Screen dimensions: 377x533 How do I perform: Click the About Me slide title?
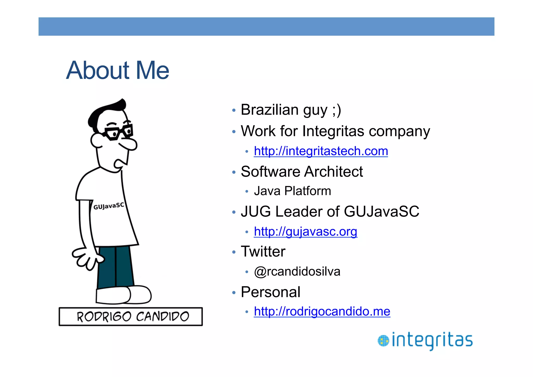(118, 70)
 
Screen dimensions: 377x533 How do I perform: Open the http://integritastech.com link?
(321, 151)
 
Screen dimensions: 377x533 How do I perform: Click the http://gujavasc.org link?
(305, 231)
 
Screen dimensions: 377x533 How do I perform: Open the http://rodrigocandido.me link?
(322, 311)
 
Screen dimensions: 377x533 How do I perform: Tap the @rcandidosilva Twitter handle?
(297, 271)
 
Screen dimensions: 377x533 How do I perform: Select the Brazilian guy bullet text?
(291, 110)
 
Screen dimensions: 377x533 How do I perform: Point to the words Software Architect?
(302, 172)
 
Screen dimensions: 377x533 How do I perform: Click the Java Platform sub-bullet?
(292, 191)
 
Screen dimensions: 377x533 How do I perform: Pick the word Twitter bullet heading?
(263, 251)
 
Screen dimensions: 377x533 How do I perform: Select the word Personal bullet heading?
(270, 292)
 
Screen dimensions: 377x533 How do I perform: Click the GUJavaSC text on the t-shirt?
(109, 206)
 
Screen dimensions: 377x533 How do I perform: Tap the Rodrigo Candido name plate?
(131, 317)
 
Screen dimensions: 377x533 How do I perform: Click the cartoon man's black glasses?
(118, 132)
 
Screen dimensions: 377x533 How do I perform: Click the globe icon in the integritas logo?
(383, 341)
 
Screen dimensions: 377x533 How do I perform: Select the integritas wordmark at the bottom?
(432, 340)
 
